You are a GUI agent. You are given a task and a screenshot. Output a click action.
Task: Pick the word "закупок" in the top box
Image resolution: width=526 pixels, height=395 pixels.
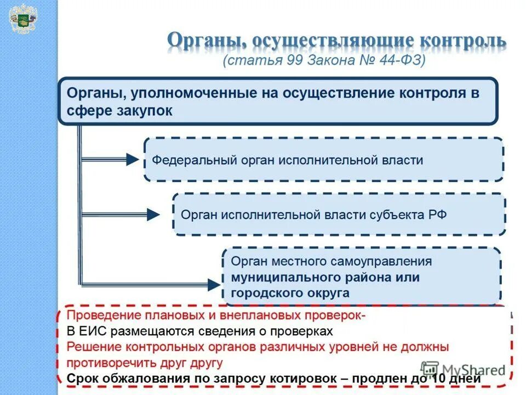[x=145, y=110]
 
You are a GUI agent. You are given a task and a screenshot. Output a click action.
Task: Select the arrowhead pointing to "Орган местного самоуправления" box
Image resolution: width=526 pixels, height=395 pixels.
[x=213, y=284]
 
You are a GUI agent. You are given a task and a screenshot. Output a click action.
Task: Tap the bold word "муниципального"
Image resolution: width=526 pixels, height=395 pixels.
[x=285, y=277]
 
